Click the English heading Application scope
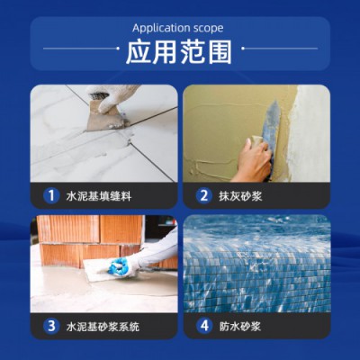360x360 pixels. tap(178, 28)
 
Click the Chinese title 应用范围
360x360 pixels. tap(179, 52)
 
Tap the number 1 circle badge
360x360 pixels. tap(51, 196)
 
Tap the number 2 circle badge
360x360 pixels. tap(204, 196)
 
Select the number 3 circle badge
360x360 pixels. tap(51, 326)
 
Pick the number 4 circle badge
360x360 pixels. tap(204, 326)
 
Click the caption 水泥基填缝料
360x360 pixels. tap(99, 196)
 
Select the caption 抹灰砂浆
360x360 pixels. tap(240, 196)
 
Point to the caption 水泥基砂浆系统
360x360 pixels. tap(103, 326)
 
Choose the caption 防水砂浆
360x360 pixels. tap(240, 326)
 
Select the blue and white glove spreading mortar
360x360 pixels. tap(121, 265)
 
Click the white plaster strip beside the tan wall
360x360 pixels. tap(309, 133)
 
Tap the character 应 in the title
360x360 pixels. tap(139, 52)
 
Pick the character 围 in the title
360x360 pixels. tap(220, 52)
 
